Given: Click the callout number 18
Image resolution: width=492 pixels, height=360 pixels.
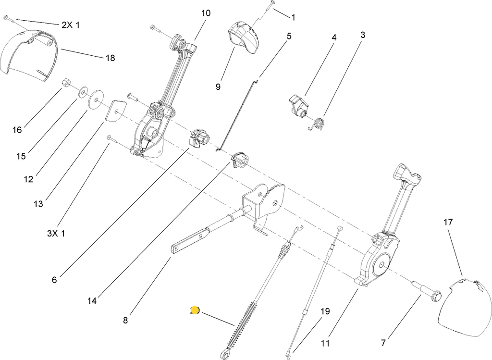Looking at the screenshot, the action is coord(110,58).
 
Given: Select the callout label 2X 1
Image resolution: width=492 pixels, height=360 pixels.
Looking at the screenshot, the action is coord(71,25).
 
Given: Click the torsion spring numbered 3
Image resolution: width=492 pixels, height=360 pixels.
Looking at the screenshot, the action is coord(318,124).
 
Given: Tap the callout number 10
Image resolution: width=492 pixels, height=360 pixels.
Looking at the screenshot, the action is coord(206,13).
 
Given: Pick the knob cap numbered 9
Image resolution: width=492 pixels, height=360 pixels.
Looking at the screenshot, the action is coord(244,37).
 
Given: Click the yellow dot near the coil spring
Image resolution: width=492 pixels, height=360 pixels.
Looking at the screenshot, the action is coord(195,310).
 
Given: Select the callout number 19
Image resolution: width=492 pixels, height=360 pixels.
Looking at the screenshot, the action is coord(325,311).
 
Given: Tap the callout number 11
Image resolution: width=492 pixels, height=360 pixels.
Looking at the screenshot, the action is coord(325,343).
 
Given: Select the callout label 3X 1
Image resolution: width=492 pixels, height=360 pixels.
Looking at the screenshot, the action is coord(56,234).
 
